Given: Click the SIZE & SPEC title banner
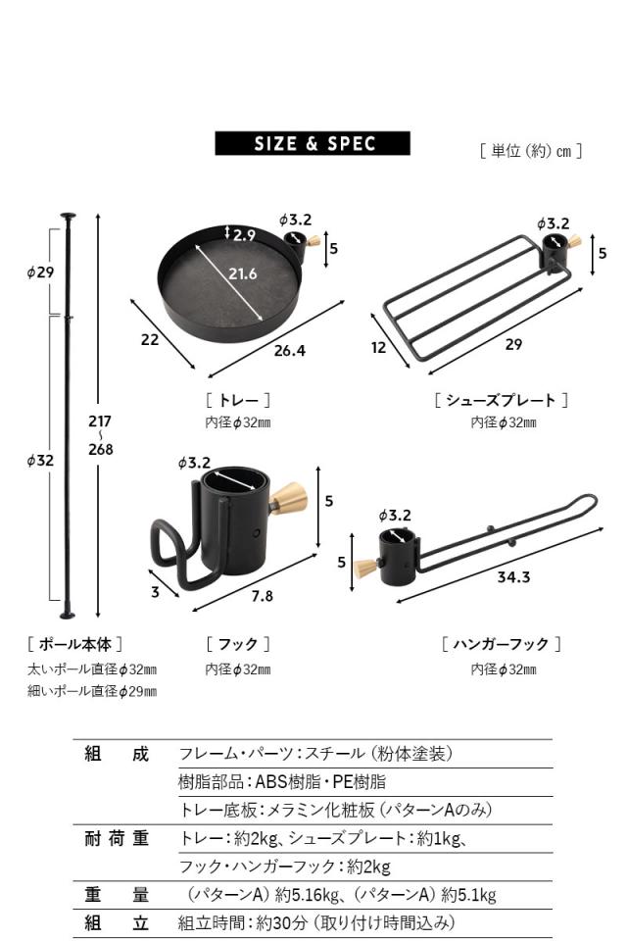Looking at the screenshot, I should [x=313, y=144].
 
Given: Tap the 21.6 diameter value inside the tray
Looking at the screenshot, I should [x=243, y=273].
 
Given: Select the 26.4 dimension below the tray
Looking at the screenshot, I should [x=291, y=350].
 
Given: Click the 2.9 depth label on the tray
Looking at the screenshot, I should [x=244, y=234].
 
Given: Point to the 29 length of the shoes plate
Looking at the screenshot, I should [x=513, y=344].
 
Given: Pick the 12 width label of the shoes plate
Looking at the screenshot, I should [x=379, y=347].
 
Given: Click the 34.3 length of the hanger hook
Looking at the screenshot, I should [x=512, y=577].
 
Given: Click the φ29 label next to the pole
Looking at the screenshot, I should [x=40, y=272].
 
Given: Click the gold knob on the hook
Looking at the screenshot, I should [x=289, y=499].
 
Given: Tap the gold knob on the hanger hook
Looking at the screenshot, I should [x=365, y=568].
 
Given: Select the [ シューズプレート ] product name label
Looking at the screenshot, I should [x=501, y=400].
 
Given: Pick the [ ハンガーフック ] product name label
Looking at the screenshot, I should [x=501, y=644].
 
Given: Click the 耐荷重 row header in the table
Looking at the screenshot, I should [x=116, y=838].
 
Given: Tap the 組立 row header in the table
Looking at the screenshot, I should [x=116, y=922].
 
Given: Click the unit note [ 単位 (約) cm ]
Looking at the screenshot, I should [x=531, y=151].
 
